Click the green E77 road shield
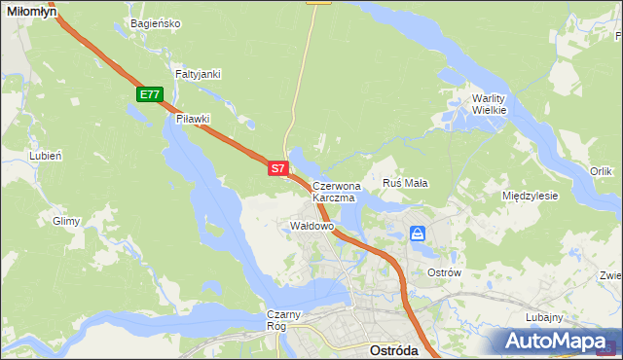tap(149, 94)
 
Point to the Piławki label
tap(193, 119)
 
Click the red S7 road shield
tap(277, 168)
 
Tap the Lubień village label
tap(46, 155)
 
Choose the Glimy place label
tap(66, 221)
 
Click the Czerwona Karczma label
tap(337, 191)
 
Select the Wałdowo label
tap(312, 226)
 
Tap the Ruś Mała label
tap(406, 182)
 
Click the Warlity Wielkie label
tap(489, 104)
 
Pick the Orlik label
tap(601, 171)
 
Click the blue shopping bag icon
tap(418, 234)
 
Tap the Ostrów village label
tap(444, 273)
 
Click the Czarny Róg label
tap(286, 320)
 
